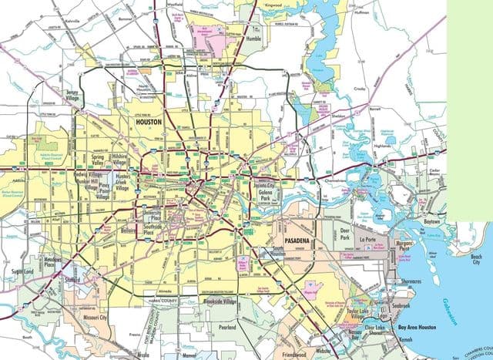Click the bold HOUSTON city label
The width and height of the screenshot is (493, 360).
[x=151, y=122]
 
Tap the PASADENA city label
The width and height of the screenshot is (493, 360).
[x=299, y=242]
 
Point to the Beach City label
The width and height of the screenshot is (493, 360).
[x=475, y=259]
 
